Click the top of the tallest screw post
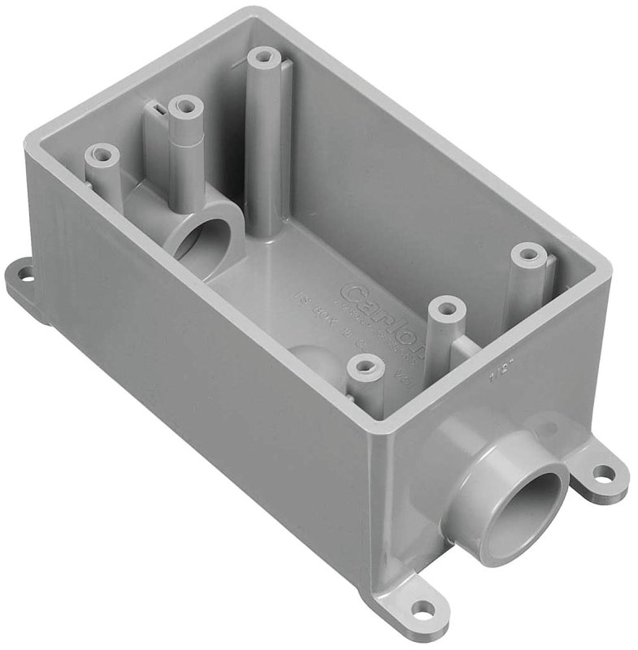click(263, 58)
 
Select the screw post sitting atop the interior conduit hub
click(186, 106)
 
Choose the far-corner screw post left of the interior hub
click(102, 154)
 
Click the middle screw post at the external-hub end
click(446, 309)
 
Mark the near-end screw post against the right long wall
click(528, 254)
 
